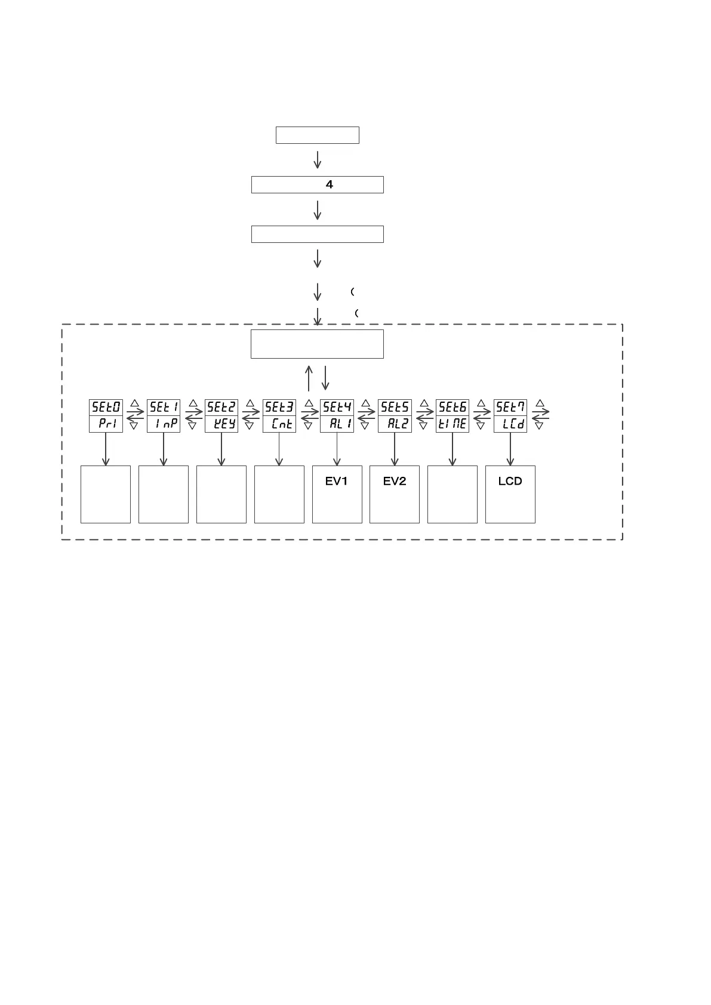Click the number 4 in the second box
pos(329,185)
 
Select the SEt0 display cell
pos(106,408)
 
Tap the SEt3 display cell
pos(279,408)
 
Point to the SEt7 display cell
pos(510,408)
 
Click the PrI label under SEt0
pos(106,424)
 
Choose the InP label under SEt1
pos(164,424)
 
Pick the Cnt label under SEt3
pos(279,424)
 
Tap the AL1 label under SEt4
pos(337,424)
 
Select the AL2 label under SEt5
pos(395,424)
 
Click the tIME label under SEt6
pos(453,424)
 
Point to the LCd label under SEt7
pos(510,424)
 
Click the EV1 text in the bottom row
pos(337,481)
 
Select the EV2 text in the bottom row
pos(395,481)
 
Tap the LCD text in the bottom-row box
pos(510,481)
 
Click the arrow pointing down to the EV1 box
pos(337,449)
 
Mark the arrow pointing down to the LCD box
pos(510,449)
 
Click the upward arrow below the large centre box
pos(309,378)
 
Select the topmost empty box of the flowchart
pos(317,135)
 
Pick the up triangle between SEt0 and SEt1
pos(135,403)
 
